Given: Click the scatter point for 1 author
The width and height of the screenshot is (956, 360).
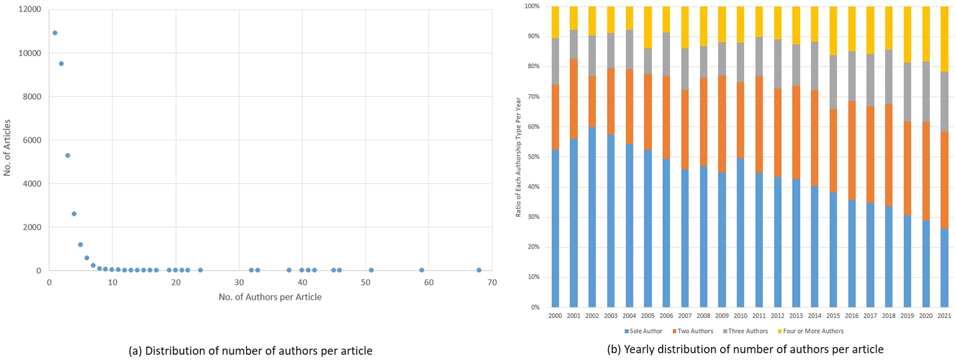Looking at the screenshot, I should tap(55, 33).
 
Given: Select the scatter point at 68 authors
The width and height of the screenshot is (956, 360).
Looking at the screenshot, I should tap(479, 270).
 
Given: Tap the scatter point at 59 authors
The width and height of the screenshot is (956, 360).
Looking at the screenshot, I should tap(422, 270).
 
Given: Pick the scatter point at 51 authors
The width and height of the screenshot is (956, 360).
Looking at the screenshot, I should tap(371, 270).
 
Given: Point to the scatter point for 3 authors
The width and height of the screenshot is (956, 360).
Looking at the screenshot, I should tap(68, 155).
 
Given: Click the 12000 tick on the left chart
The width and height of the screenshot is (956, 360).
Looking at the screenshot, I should tap(30, 9).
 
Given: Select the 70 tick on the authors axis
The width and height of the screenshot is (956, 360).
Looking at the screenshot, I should tap(492, 283).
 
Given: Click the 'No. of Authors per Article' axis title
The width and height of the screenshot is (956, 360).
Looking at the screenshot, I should tap(270, 297).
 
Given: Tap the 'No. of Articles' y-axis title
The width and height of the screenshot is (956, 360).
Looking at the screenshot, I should tap(7, 148).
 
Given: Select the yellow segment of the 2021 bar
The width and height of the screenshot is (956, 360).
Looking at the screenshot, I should tap(945, 39).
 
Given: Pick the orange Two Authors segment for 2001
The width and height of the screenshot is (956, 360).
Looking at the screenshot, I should tap(574, 98).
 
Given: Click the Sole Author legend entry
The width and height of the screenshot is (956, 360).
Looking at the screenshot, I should tap(643, 331).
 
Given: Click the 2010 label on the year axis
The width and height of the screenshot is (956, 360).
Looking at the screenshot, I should tap(740, 316).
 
